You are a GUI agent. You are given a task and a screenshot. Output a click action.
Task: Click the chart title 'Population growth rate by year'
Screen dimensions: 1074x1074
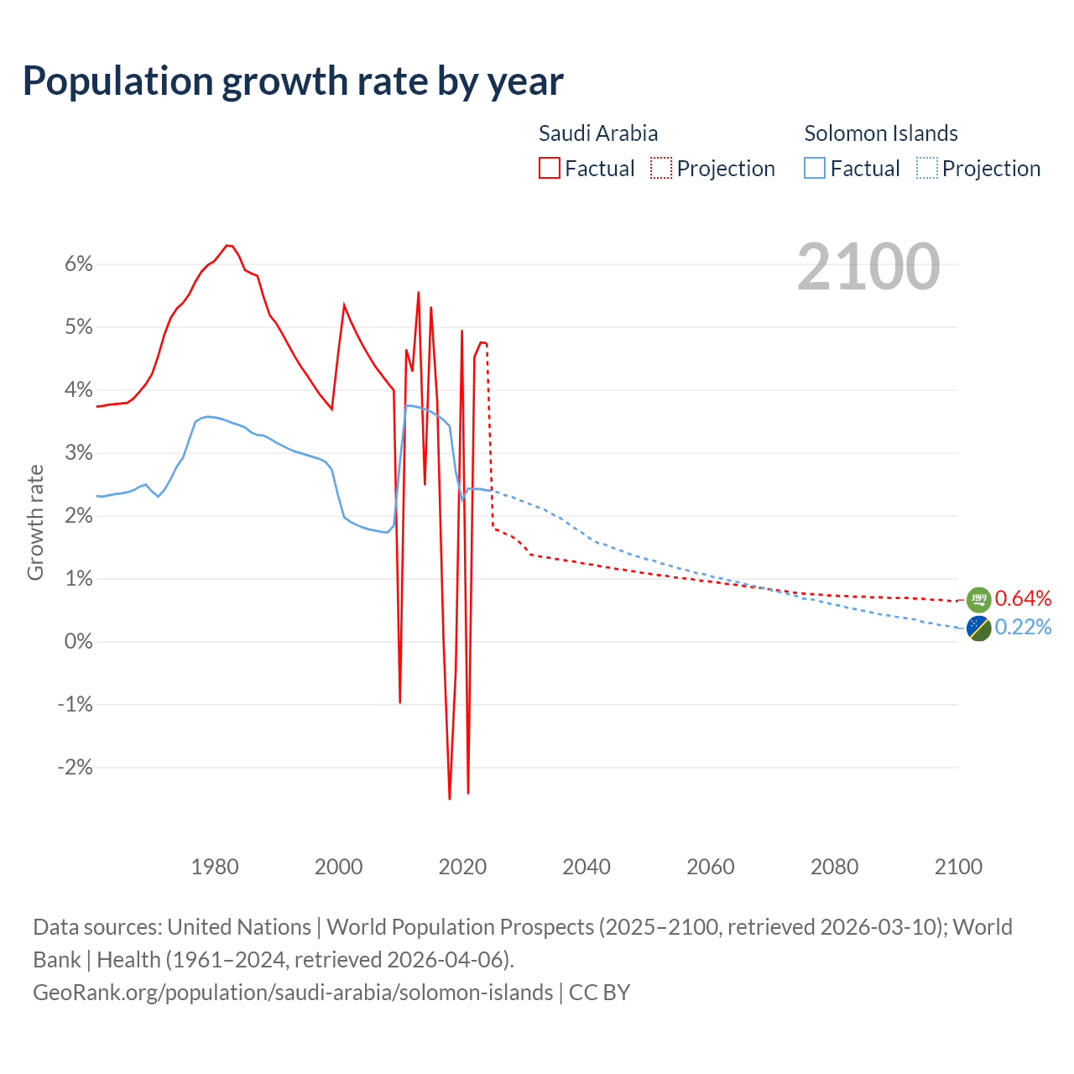click(x=293, y=81)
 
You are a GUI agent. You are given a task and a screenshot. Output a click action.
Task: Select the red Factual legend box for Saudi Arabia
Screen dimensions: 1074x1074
click(x=550, y=168)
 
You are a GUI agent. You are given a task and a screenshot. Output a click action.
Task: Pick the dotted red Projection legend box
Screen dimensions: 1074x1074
click(x=661, y=168)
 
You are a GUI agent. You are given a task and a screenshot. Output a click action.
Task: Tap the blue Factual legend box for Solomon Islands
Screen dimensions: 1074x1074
click(x=815, y=168)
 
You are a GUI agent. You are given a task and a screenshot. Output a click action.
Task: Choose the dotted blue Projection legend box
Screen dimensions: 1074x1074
click(x=927, y=168)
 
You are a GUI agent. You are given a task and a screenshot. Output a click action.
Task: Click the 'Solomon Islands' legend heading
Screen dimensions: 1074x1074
click(x=881, y=133)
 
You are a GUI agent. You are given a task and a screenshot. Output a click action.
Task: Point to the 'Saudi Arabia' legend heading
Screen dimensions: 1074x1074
click(x=598, y=133)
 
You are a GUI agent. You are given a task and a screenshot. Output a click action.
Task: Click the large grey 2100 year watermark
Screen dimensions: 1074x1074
click(x=868, y=267)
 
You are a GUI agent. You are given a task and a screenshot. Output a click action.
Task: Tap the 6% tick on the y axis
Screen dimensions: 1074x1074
click(x=78, y=264)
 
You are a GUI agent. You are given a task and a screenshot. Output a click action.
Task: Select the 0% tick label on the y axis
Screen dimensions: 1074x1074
click(x=78, y=642)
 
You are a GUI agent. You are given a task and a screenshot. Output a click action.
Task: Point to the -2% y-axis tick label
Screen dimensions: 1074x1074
click(x=75, y=768)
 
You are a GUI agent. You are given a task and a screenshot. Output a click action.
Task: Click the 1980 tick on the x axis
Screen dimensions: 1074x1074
click(x=215, y=867)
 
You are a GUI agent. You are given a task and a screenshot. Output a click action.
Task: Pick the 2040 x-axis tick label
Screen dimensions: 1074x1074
click(x=587, y=867)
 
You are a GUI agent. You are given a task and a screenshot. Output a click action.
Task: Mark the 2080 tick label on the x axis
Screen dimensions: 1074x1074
click(x=834, y=867)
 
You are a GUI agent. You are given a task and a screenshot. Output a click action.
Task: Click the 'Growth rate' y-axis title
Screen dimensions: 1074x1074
click(x=35, y=522)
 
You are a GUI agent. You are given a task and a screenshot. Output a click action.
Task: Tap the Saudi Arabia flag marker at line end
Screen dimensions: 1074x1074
click(x=978, y=599)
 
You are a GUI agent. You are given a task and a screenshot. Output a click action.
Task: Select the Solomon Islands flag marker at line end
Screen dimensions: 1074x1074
click(x=978, y=628)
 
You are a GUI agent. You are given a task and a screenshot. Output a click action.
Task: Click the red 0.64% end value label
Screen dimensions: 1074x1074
click(x=1023, y=599)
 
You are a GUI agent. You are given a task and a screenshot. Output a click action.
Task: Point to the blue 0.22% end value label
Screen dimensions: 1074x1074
click(x=1023, y=628)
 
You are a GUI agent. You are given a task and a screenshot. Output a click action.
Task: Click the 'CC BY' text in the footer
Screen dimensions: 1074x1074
click(x=599, y=993)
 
